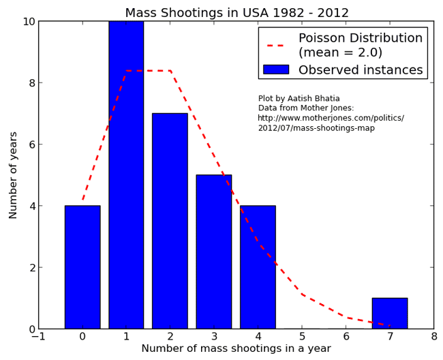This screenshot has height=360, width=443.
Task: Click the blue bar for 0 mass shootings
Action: coord(82,267)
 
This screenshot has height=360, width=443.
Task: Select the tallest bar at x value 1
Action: coord(126,175)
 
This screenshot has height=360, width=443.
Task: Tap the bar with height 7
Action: coord(170,221)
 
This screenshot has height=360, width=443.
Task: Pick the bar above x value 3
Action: coord(213,252)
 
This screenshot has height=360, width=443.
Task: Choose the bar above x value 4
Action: coord(258,267)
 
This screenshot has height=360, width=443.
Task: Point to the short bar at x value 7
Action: coord(389,314)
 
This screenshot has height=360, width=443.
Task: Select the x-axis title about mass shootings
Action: coord(236,348)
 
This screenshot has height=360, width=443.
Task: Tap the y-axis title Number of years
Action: coord(14,175)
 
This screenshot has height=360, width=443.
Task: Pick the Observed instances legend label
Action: coord(361,70)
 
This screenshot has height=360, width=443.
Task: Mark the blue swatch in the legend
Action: coord(276,70)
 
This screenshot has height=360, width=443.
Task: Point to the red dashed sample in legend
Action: coord(276,45)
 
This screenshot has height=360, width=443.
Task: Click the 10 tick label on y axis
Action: coord(29,22)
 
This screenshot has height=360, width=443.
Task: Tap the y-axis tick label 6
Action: coord(31,145)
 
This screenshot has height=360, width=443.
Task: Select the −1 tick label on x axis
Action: coord(39,336)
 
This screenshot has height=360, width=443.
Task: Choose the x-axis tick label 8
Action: coord(433,336)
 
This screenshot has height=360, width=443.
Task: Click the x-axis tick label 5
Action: coord(302,336)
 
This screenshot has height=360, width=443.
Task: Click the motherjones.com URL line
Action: coord(331,118)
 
